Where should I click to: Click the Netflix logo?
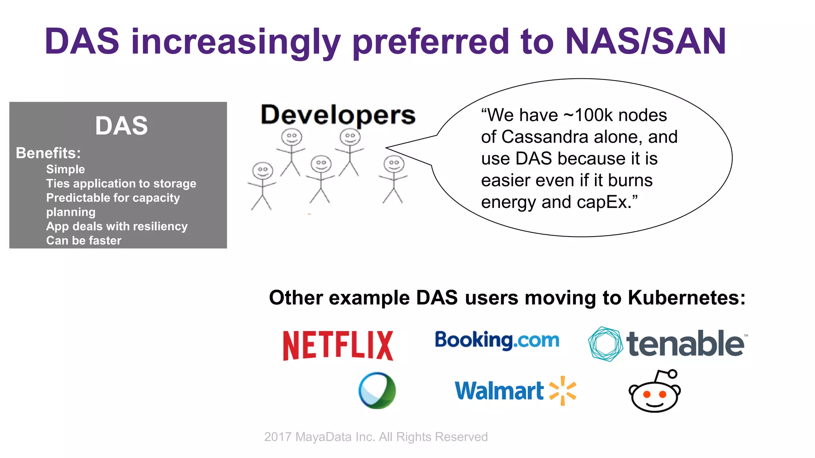tap(338, 345)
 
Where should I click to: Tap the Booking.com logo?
tap(497, 340)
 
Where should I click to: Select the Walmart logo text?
tap(499, 391)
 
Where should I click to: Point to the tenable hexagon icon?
tap(605, 344)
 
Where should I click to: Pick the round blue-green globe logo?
tap(377, 390)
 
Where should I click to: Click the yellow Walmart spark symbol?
tap(563, 390)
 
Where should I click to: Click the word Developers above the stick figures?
tap(338, 115)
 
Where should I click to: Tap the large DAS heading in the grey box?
tap(121, 126)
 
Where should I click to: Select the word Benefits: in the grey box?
tap(48, 153)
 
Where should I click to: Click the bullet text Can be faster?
tap(84, 241)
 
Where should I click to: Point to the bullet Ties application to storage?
tap(121, 183)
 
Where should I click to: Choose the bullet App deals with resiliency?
tap(117, 226)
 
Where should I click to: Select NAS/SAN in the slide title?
tap(645, 41)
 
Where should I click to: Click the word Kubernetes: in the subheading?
tap(686, 297)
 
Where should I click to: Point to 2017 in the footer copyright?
tap(278, 437)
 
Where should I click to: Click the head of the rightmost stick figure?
tap(394, 163)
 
